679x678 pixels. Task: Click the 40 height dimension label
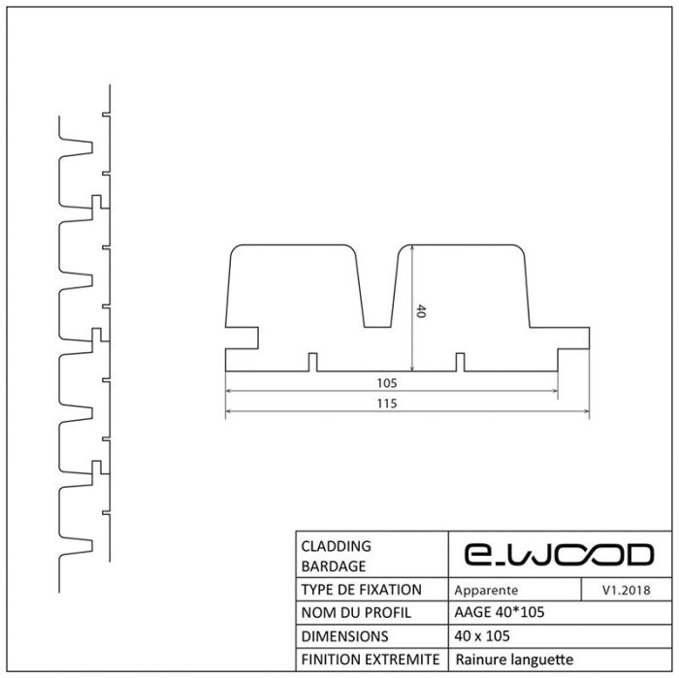(420, 310)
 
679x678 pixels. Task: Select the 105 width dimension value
(387, 383)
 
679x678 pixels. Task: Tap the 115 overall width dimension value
(387, 404)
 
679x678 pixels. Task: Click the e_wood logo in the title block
(559, 555)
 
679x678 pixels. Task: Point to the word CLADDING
(336, 546)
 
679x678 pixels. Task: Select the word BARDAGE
(334, 566)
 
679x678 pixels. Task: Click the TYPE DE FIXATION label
(361, 590)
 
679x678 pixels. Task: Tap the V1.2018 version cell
(627, 590)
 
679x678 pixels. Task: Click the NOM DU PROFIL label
(356, 613)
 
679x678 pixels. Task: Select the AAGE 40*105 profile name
(500, 612)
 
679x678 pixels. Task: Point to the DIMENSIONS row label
(344, 636)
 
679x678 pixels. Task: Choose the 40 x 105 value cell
(482, 636)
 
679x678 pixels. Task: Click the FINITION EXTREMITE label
(371, 660)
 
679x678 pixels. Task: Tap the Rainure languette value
(514, 660)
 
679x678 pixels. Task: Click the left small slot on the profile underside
(312, 363)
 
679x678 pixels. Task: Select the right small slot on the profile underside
(461, 363)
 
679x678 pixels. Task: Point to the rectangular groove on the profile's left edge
(242, 338)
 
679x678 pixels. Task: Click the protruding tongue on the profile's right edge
(573, 339)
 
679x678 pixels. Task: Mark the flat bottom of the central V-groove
(378, 327)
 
